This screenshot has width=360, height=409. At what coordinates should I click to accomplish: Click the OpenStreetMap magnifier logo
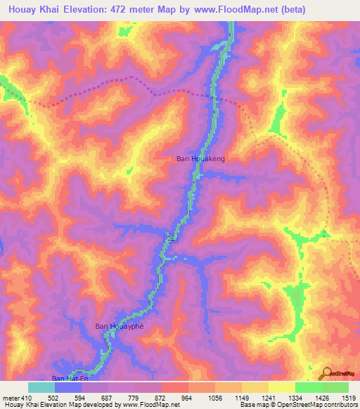tap(326, 373)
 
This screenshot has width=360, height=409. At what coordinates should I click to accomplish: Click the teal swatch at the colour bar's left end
tap(41, 387)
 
